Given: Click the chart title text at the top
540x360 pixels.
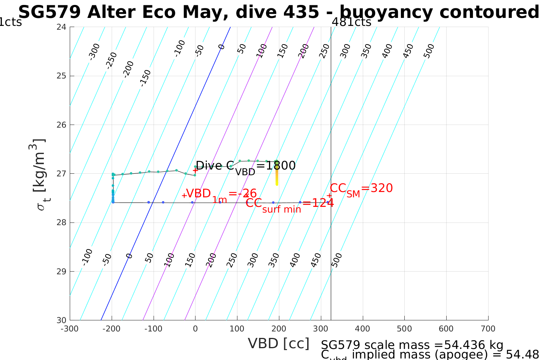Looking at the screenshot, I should pos(278,12).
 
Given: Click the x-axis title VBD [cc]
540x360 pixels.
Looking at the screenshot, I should pos(279,343).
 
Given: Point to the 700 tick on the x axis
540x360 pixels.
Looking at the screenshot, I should pos(488,329).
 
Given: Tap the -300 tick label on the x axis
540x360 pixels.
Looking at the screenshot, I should pos(70,329).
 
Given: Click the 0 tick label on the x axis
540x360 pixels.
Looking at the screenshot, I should pos(195,329).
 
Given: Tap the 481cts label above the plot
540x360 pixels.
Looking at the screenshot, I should pos(351,22).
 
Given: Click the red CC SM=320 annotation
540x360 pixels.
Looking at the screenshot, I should pos(361,189).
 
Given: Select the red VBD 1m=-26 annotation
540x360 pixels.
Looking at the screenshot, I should pos(221,194).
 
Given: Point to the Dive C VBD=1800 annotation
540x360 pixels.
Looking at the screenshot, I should pos(245,166).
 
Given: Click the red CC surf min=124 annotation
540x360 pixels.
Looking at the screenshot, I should pos(289,203).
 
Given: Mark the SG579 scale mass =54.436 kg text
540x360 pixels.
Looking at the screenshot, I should pos(412,345).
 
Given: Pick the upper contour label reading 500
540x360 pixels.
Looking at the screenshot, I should pos(429,51).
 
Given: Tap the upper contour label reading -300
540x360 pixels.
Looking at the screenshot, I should pos(94,51).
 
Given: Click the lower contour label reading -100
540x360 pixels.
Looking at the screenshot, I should pos(87,257).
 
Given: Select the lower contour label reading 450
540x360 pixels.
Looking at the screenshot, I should pos(316,260).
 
